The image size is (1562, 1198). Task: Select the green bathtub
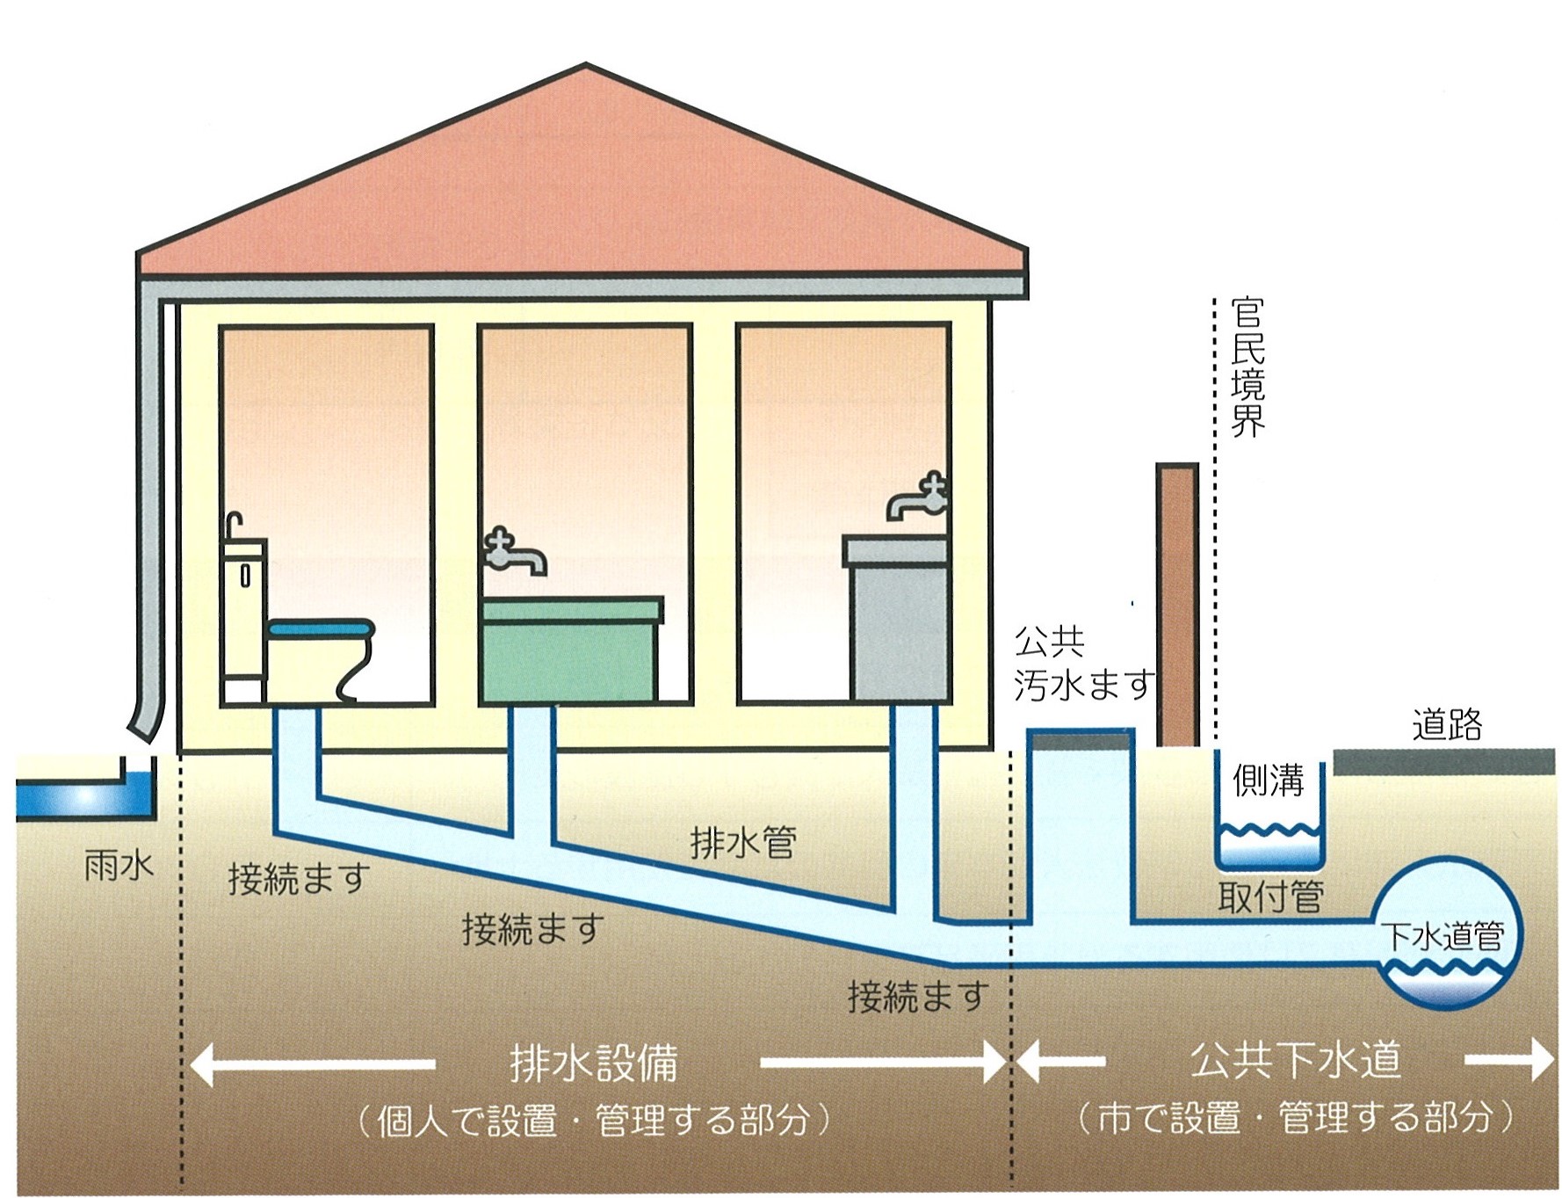(x=571, y=650)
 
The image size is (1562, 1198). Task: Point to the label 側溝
(x=1268, y=781)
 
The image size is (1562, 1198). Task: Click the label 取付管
(x=1270, y=897)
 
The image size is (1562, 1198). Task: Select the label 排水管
(x=743, y=844)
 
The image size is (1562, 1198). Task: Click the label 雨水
(x=119, y=867)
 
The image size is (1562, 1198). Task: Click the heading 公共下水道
(x=1295, y=1061)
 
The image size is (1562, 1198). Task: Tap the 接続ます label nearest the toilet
(x=299, y=878)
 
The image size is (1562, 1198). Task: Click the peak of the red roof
(x=586, y=67)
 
